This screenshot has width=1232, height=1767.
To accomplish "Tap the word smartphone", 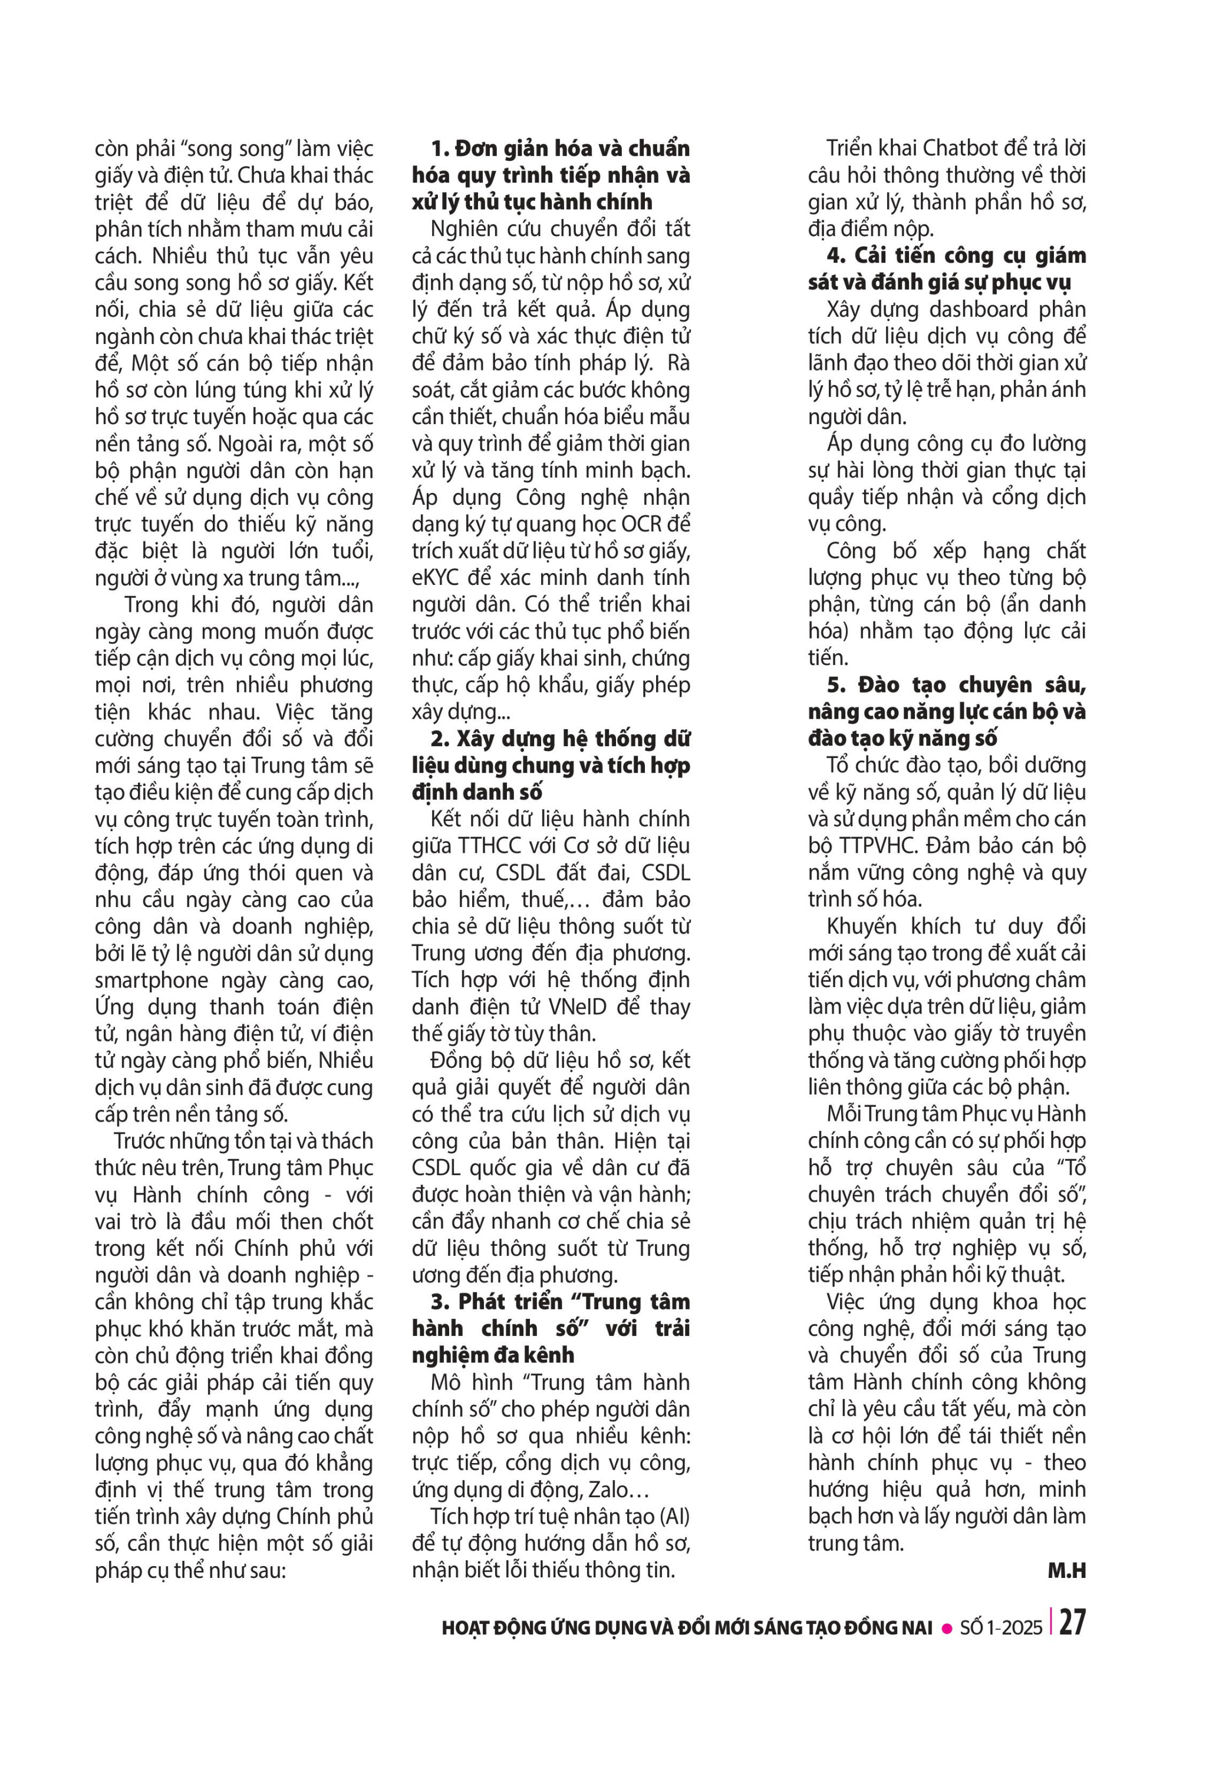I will (151, 981).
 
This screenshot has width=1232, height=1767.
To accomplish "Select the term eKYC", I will (435, 578).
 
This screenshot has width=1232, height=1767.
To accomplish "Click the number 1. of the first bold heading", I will (440, 148).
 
